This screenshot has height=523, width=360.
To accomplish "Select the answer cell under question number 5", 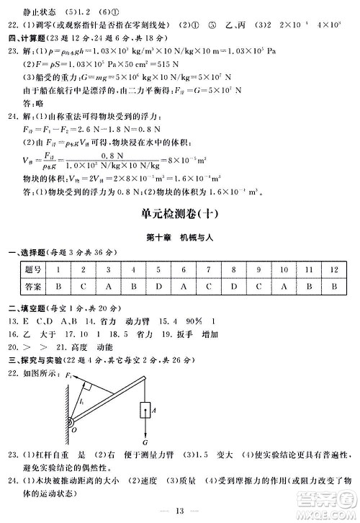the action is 158,285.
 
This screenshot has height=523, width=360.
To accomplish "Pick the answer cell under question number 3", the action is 107,285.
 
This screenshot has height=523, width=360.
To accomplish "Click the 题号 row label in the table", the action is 32,269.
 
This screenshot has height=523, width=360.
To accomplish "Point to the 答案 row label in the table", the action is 32,285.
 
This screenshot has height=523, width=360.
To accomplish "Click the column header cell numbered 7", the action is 209,269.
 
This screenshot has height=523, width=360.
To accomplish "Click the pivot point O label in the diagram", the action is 73,431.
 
